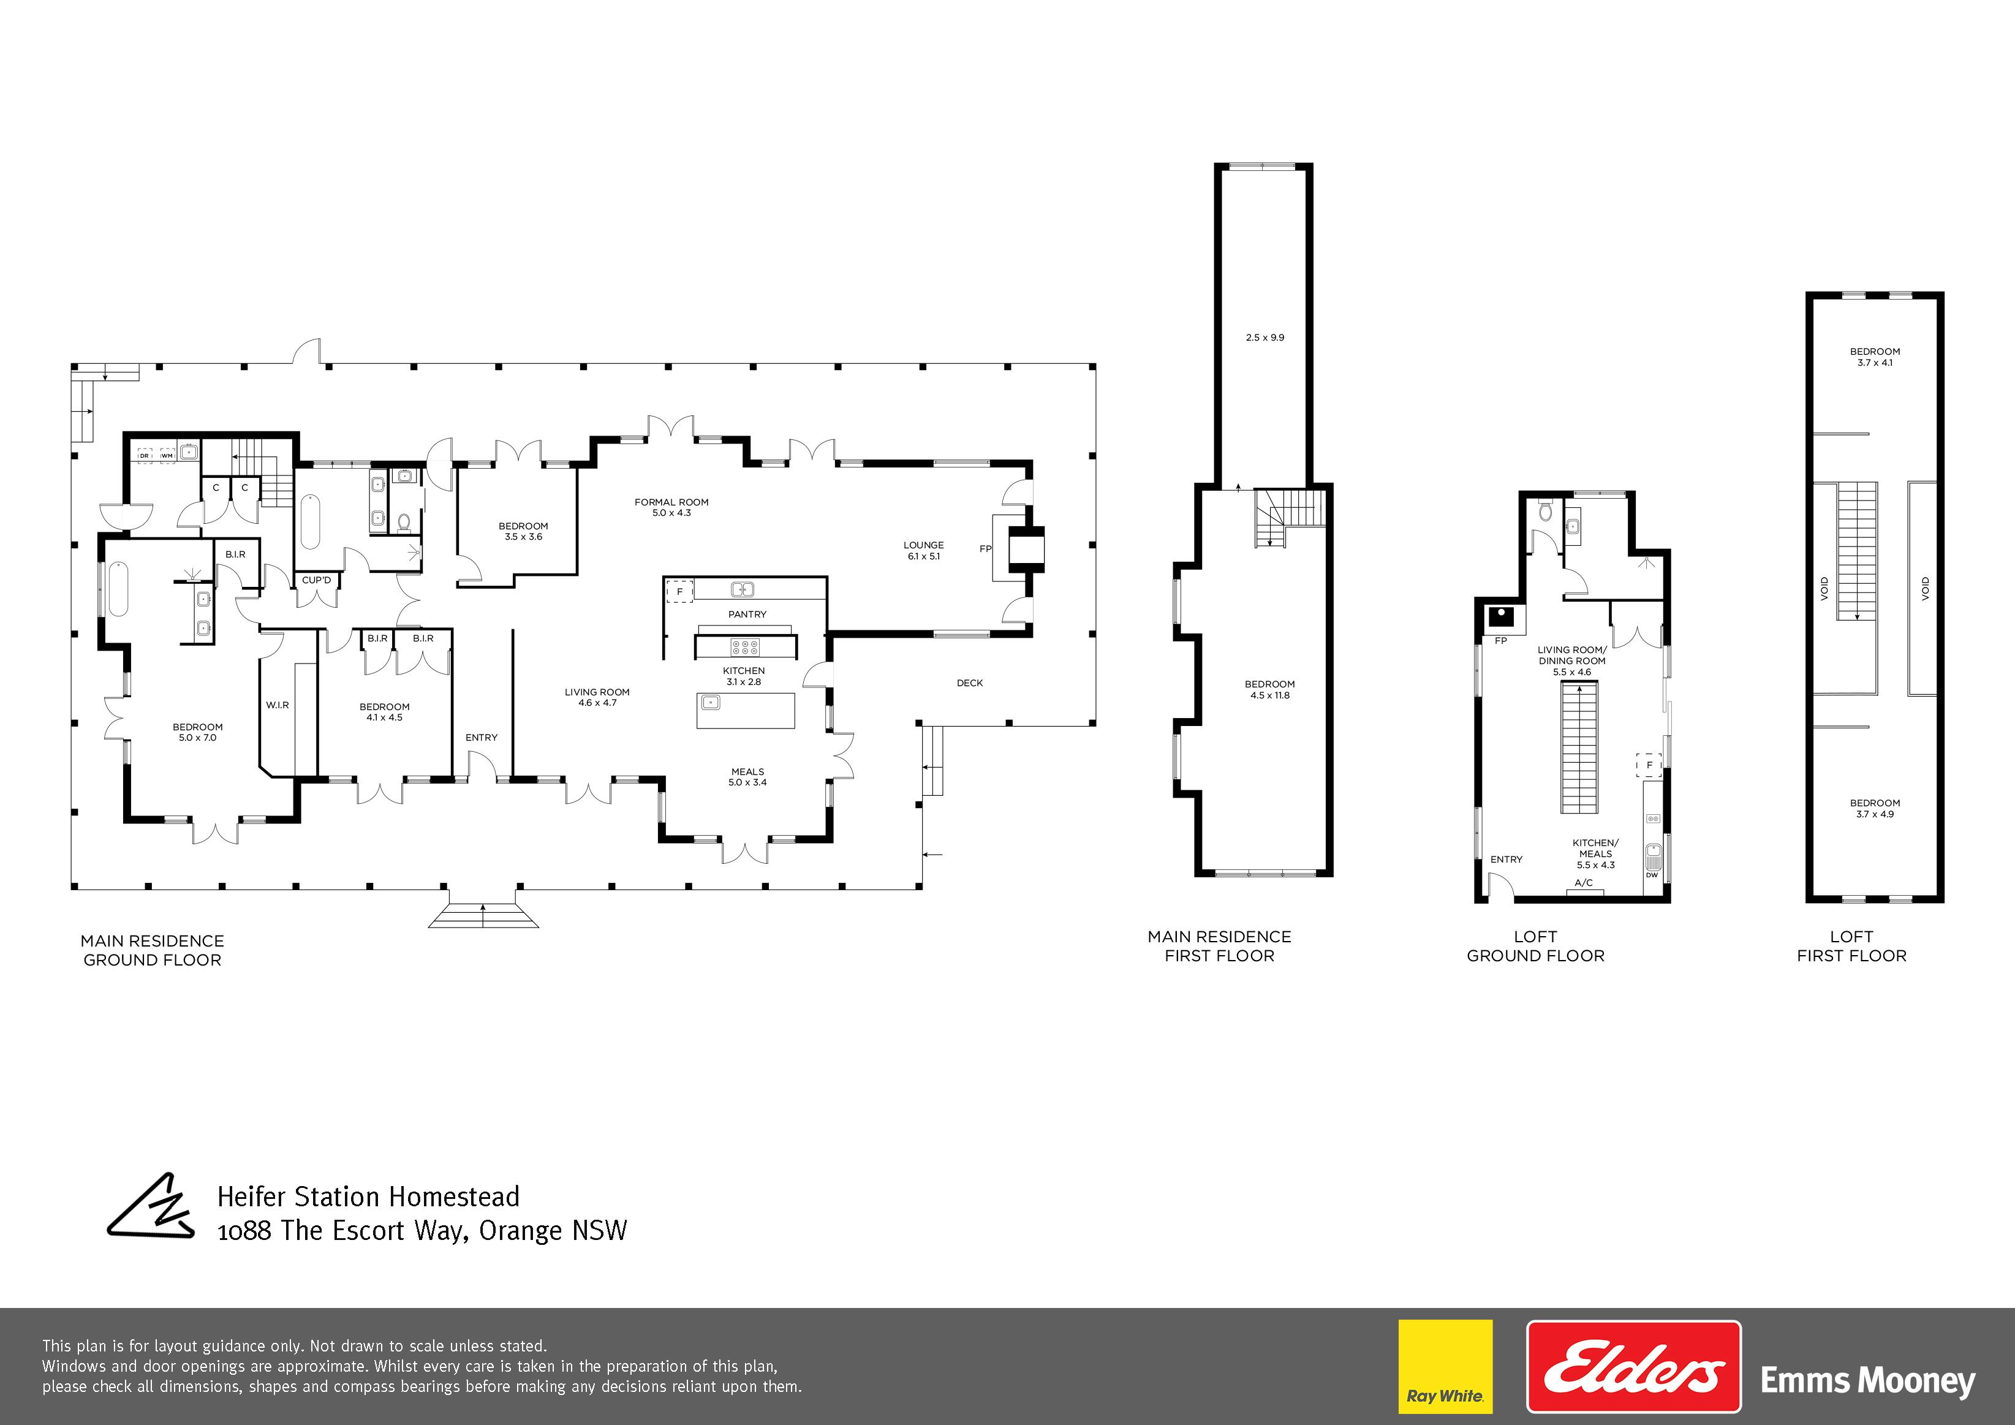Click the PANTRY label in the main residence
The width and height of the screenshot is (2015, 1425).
747,614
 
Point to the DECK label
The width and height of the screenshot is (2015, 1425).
970,682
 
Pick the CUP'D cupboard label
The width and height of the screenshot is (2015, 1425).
317,580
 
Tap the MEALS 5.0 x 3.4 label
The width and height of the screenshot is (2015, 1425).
747,777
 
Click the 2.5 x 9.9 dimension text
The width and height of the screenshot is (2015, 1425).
1265,338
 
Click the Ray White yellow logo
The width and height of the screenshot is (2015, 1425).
1445,1367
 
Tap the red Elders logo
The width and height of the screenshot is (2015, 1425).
1634,1367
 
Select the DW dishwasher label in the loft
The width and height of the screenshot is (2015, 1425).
1652,875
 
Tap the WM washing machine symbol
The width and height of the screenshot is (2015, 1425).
167,455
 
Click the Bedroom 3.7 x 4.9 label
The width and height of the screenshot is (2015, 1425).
1875,808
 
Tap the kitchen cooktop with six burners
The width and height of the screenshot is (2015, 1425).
745,648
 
